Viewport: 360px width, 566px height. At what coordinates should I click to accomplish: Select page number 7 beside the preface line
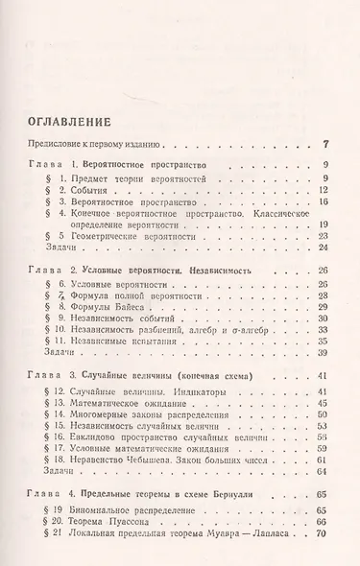pos(325,145)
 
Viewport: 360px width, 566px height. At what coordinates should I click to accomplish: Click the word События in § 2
pos(101,190)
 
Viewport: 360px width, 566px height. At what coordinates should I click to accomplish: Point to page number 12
pos(323,190)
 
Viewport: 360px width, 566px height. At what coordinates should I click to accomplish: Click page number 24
pos(323,248)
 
